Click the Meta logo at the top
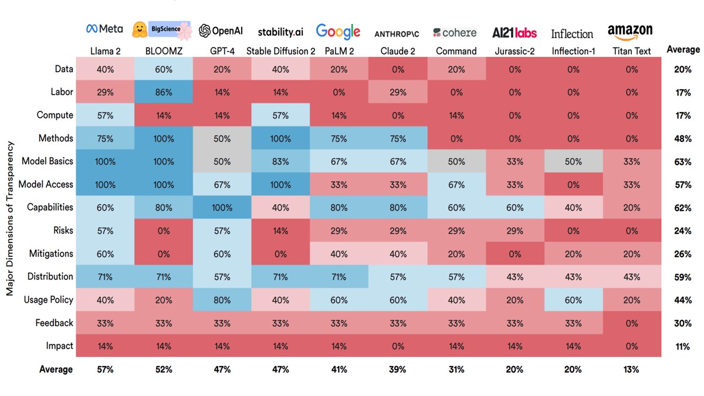104,29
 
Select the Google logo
338,31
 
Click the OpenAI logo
221,31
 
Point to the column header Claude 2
398,51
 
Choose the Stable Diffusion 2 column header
280,51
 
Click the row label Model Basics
48,161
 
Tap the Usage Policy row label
49,300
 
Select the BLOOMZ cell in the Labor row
164,92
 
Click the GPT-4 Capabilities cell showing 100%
222,207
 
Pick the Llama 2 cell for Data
105,69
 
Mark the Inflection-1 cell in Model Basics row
573,161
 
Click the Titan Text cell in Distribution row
632,277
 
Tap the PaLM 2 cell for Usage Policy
339,300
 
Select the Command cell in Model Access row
456,184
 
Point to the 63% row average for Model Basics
682,161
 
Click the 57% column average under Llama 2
105,370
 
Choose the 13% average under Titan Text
632,370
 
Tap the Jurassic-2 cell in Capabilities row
515,207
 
